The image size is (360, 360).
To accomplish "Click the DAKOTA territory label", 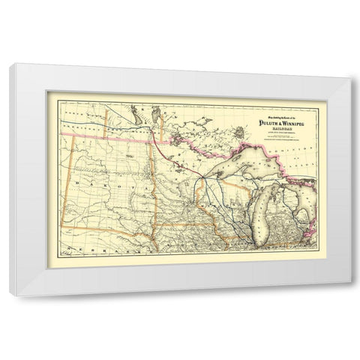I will tap(112, 179).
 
